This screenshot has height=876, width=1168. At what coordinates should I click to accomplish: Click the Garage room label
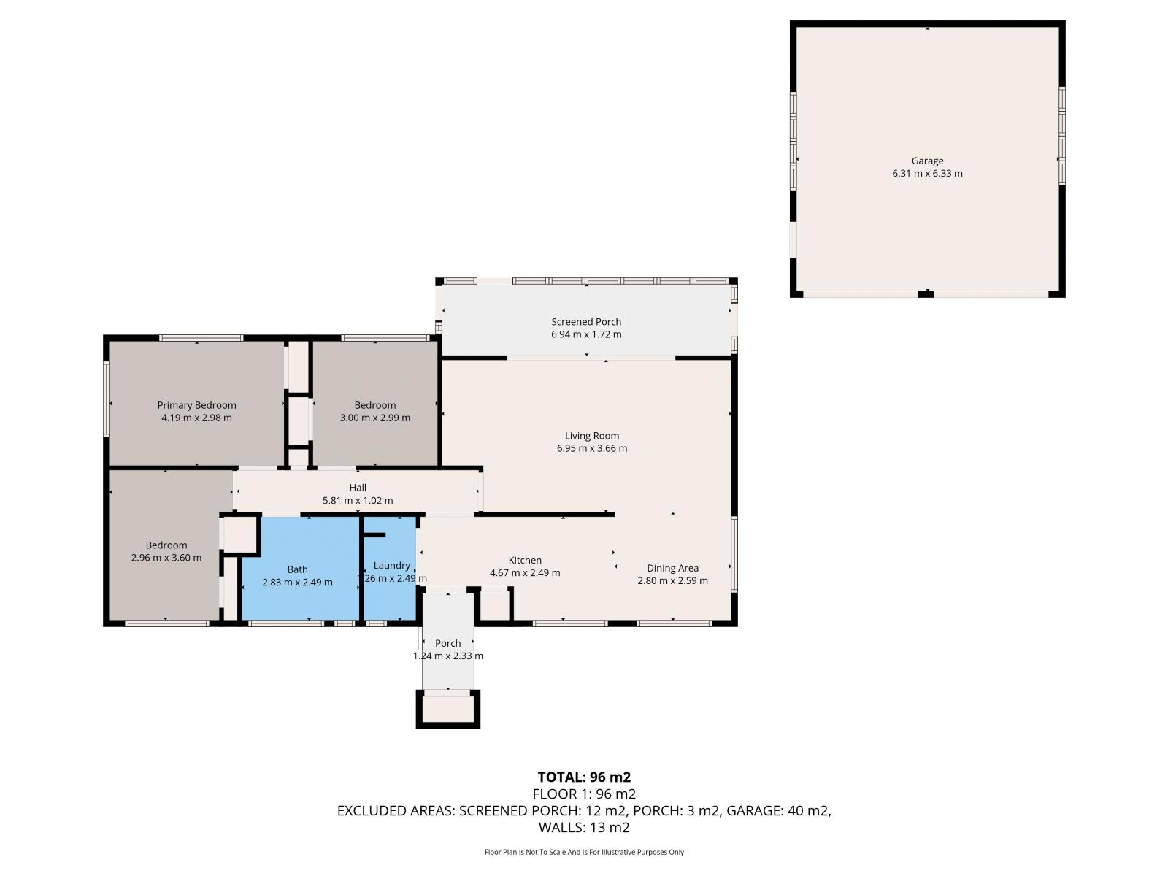927,161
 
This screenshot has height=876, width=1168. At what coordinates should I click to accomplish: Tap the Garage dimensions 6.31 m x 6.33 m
927,174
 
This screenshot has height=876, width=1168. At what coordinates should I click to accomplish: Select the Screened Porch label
586,321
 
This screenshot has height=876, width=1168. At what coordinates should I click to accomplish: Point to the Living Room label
592,436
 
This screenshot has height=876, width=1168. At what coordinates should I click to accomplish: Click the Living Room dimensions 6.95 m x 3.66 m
592,448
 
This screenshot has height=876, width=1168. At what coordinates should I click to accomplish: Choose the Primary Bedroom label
196,405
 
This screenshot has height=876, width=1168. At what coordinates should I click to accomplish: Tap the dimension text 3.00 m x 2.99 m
374,418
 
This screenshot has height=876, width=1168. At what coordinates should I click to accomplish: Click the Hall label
358,487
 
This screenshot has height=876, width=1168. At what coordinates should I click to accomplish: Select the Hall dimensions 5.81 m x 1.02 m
358,501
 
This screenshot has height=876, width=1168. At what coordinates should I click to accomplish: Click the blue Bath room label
297,569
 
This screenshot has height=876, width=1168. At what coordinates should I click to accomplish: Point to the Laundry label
391,565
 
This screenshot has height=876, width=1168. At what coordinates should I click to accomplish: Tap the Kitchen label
525,560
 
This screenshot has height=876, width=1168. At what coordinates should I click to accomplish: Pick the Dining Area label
672,568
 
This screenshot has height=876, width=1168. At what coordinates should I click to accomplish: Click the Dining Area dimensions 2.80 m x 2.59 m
672,581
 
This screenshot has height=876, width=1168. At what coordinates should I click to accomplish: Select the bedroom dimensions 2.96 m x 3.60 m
166,558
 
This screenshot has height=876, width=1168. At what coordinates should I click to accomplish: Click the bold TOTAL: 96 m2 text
584,777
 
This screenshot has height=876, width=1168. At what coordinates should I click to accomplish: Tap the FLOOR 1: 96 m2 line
584,794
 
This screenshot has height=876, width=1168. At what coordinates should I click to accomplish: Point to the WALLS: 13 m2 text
584,828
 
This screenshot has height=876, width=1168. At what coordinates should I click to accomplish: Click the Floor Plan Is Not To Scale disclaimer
584,852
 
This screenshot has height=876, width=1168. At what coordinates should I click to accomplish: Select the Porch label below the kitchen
447,643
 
